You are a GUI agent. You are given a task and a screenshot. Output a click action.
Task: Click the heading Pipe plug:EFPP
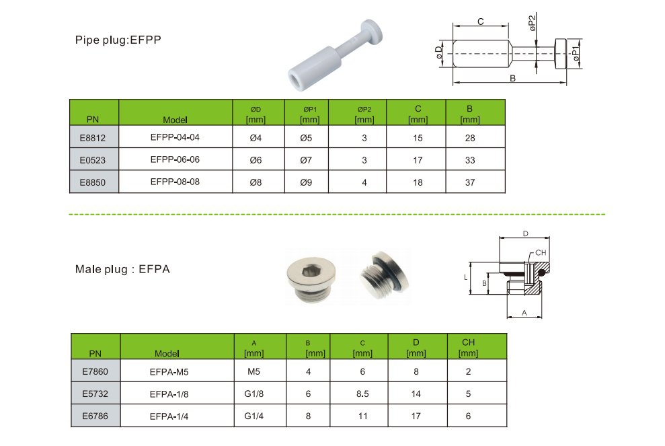coord(118,40)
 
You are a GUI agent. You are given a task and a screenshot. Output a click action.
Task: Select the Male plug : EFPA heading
coord(122,269)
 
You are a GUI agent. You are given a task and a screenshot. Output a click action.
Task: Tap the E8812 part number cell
coord(93,138)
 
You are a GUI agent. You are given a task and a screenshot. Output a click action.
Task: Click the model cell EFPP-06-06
coord(175,159)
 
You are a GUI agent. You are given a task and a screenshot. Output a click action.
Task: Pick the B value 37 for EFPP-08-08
coord(470,182)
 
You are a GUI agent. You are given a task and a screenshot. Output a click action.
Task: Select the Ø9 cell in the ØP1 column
coord(306,182)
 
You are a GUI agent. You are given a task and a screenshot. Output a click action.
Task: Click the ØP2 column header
coord(364,114)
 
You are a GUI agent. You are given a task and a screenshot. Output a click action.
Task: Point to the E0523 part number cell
coord(93,160)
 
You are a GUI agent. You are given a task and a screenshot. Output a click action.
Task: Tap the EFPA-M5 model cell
coord(169,372)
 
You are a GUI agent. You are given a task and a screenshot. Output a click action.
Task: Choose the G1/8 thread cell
coord(253,394)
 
